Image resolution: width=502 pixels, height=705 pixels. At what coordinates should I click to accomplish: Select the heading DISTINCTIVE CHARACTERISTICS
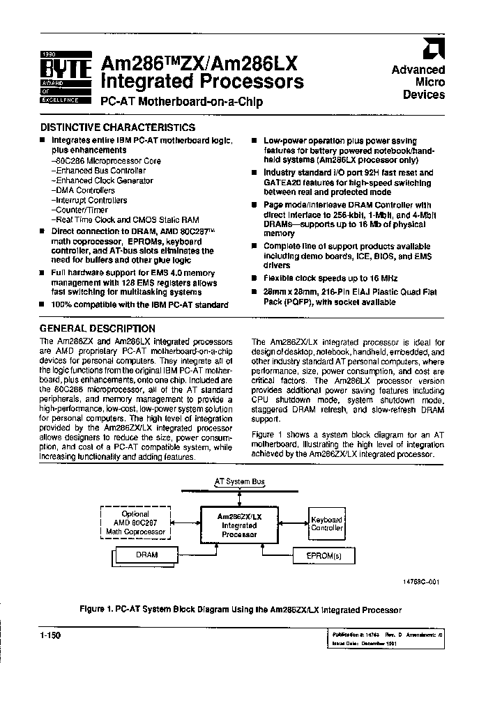click(x=117, y=127)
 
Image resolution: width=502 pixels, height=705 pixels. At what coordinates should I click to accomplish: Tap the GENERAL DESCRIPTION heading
click(x=97, y=328)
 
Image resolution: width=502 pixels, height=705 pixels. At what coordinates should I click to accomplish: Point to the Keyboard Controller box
click(x=326, y=524)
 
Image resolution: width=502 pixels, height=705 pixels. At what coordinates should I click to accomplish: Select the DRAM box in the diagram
click(x=146, y=555)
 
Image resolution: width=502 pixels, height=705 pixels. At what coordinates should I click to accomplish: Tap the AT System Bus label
click(x=238, y=481)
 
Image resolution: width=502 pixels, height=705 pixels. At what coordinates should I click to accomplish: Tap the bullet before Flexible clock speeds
click(x=256, y=277)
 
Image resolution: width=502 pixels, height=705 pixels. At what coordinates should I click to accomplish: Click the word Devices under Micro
click(x=424, y=95)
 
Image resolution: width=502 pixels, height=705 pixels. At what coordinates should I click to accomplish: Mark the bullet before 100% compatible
click(x=43, y=305)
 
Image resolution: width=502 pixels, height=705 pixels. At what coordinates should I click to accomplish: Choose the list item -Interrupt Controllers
click(x=89, y=200)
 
